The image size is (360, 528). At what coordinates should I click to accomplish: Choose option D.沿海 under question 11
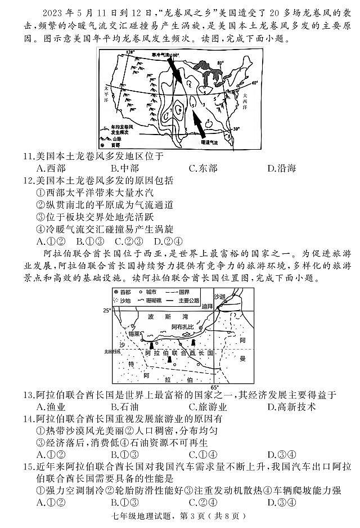pos(281,168)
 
